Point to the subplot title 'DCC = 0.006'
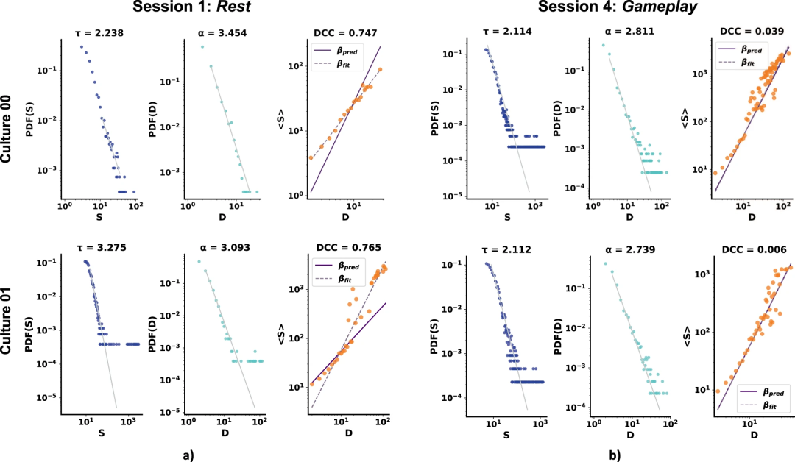(751, 249)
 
